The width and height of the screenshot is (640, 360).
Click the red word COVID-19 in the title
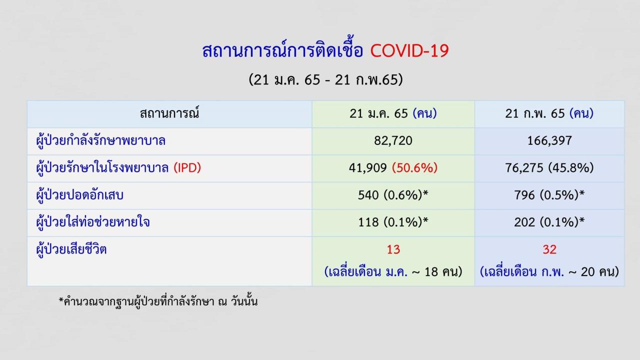point(409,51)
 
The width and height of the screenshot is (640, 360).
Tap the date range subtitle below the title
point(325,79)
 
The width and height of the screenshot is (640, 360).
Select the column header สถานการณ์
point(169,113)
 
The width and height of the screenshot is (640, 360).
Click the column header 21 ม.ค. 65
point(393,113)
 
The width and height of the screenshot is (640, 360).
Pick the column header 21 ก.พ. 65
point(549,113)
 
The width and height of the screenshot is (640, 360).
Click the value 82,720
point(393,140)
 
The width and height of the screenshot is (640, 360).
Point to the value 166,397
point(549,140)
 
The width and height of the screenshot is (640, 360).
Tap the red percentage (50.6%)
point(414,167)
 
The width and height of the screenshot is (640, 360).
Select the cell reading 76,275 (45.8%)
point(549,167)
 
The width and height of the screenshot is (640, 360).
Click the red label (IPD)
point(187,167)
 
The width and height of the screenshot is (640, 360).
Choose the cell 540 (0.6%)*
point(393,195)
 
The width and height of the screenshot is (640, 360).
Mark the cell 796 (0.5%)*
point(549,195)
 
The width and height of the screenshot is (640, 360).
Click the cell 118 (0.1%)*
point(393,222)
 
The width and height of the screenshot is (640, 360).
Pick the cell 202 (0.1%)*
point(549,222)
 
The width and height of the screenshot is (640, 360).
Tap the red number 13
point(393,249)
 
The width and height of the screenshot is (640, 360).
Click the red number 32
point(549,249)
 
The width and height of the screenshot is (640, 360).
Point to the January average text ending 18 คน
point(393,271)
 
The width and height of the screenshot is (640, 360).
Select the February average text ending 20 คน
point(549,271)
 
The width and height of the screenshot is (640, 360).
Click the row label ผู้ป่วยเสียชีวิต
point(71,249)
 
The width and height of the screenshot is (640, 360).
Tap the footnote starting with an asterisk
point(158,301)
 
